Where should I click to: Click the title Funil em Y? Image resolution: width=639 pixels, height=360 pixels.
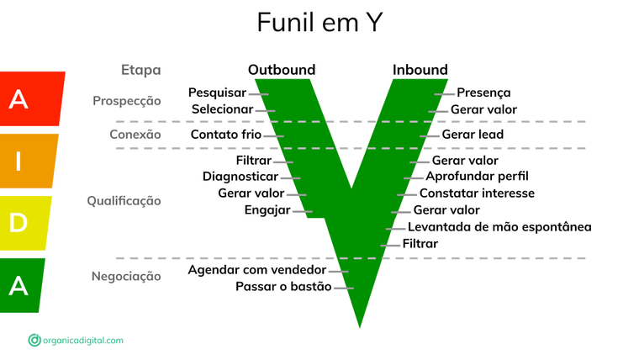pyautogui.click(x=319, y=23)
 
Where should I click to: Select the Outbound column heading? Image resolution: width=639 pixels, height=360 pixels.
pyautogui.click(x=282, y=70)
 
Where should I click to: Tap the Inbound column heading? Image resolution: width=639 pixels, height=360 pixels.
pyautogui.click(x=420, y=70)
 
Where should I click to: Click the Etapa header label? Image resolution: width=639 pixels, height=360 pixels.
pyautogui.click(x=140, y=71)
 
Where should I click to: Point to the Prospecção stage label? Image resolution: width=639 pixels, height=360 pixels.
pyautogui.click(x=126, y=101)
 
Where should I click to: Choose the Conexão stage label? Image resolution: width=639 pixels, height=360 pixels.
pyautogui.click(x=135, y=135)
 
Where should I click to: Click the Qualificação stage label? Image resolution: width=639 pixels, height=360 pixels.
pyautogui.click(x=124, y=201)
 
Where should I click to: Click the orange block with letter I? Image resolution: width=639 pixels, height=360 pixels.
pyautogui.click(x=28, y=160)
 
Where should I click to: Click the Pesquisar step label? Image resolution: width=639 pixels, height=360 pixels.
pyautogui.click(x=217, y=93)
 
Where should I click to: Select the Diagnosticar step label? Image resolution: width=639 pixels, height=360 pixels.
pyautogui.click(x=240, y=177)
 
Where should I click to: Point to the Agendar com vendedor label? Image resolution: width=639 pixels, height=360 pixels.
pyautogui.click(x=256, y=270)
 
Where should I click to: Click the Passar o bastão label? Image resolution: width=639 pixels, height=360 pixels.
pyautogui.click(x=283, y=288)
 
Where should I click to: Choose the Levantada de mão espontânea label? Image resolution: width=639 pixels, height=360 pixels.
pyautogui.click(x=499, y=227)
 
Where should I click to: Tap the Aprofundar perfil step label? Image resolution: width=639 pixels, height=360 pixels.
pyautogui.click(x=477, y=177)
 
